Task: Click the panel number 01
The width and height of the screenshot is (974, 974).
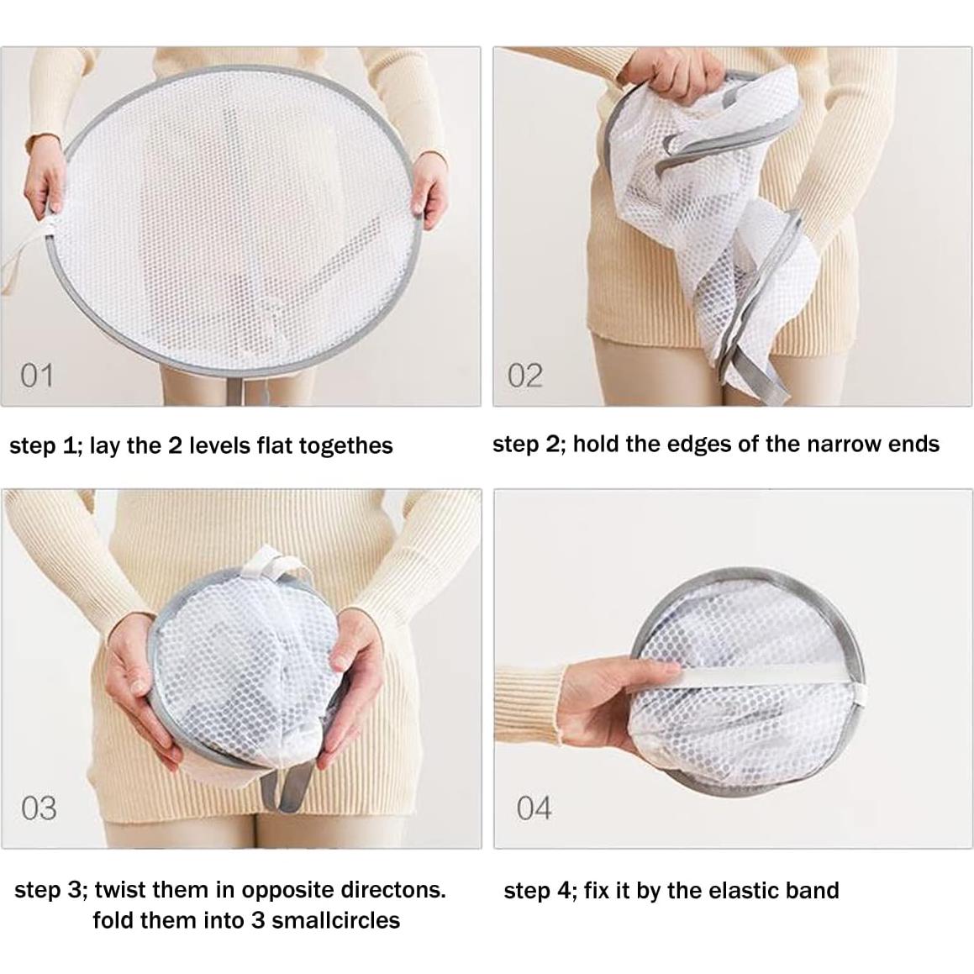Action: (x=36, y=375)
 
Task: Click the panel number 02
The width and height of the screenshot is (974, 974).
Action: (x=524, y=375)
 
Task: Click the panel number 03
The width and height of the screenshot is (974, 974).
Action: (x=39, y=808)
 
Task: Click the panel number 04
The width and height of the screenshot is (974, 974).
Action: (x=534, y=808)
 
